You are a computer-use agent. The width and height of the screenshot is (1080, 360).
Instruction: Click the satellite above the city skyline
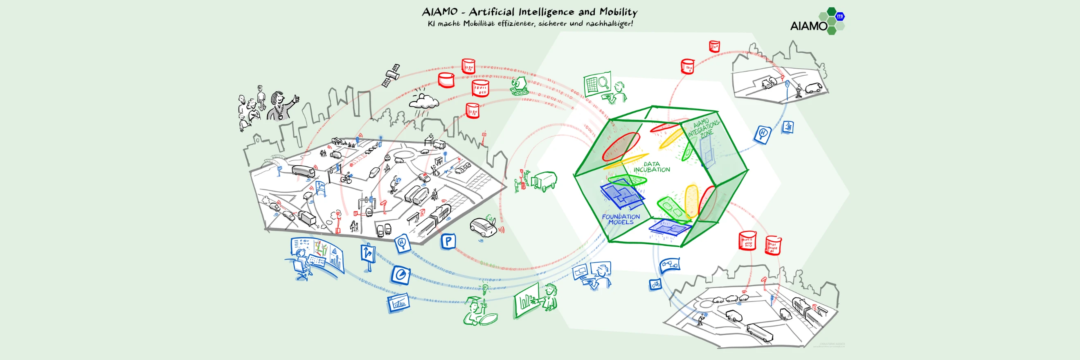(391, 75)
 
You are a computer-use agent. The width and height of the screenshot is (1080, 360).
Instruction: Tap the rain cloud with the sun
(423, 101)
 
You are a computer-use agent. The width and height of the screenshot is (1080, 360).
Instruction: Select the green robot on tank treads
(521, 86)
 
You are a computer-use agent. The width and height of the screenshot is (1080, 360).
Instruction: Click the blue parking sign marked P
(448, 241)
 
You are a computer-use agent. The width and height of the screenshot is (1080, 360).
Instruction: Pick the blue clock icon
(401, 275)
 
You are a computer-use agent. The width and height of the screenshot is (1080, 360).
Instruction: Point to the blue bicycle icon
(655, 285)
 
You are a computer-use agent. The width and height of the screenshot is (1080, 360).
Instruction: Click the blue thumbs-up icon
(788, 126)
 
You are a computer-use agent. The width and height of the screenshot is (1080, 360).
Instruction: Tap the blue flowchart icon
(670, 265)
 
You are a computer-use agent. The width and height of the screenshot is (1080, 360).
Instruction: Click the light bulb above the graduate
(486, 288)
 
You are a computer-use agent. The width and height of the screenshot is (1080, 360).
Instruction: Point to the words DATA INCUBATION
(652, 167)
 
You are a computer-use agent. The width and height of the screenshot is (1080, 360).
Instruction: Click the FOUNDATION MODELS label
(621, 219)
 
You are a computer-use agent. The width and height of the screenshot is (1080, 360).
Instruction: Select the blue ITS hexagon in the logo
(840, 16)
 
